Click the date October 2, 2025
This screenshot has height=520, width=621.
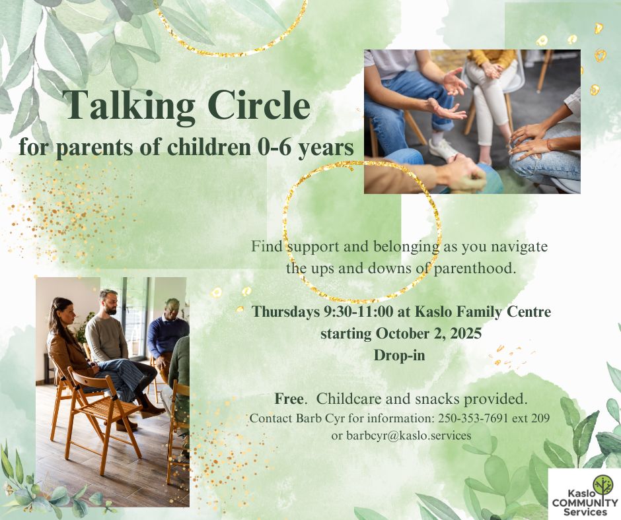click(x=429, y=333)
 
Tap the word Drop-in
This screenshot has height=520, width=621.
click(x=399, y=354)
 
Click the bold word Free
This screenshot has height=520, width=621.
click(x=289, y=399)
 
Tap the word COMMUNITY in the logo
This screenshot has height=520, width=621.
click(x=584, y=504)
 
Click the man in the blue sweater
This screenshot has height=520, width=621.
click(x=168, y=337)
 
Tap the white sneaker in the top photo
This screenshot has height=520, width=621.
click(x=443, y=148)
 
